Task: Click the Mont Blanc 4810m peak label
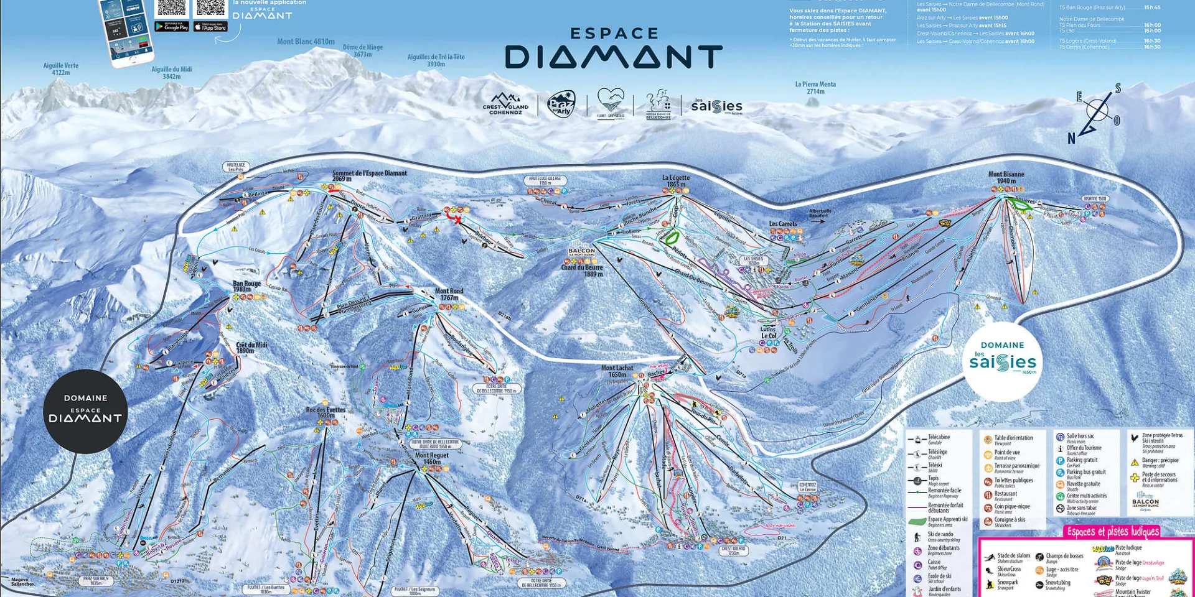[x=306, y=42]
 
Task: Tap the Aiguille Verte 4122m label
[x=61, y=68]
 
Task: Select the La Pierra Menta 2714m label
[x=815, y=88]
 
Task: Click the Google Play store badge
[x=172, y=27]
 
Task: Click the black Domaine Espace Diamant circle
[x=85, y=410]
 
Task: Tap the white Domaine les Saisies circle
[x=1002, y=361]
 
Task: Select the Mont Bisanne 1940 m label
[x=1006, y=177]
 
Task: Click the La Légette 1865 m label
[x=676, y=180]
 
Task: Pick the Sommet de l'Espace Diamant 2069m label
[x=369, y=175]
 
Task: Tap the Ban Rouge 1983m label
[x=246, y=286]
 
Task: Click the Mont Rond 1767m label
[x=449, y=294]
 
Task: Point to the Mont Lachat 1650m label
[x=617, y=371]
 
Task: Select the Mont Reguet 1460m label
[x=431, y=458]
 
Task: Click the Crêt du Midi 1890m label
[x=251, y=348]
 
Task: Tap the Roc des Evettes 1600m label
[x=326, y=412]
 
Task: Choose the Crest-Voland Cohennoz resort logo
[x=505, y=104]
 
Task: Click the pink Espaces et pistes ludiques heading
[x=1113, y=531]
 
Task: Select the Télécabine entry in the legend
[x=938, y=438]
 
